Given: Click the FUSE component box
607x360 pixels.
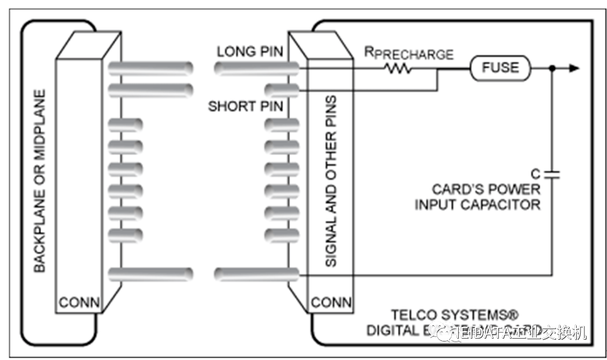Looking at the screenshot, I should [500, 68].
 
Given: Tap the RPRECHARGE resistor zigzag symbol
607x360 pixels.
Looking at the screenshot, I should [397, 69].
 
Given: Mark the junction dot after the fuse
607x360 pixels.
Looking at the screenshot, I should [552, 68].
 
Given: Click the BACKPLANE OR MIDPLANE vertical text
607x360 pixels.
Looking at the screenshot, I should [39, 180].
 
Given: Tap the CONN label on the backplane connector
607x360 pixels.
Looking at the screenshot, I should [79, 303].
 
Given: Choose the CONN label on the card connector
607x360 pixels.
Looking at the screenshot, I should [331, 303].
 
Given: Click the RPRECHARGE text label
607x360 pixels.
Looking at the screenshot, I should [409, 54].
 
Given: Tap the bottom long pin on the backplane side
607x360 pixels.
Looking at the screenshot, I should [150, 274].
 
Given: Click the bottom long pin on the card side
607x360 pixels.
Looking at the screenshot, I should [256, 274].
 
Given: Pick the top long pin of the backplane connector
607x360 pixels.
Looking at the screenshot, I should [150, 69].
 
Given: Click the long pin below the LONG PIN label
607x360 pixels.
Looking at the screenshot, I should [256, 69].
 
